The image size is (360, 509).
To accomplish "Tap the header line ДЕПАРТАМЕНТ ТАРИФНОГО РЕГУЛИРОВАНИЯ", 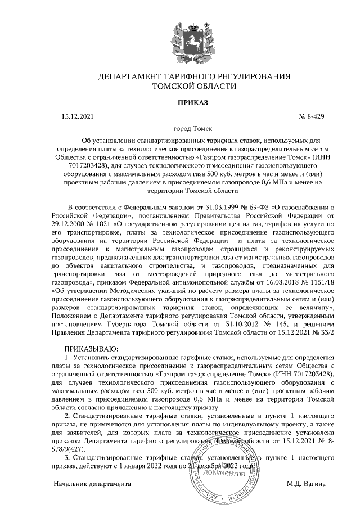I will (x=193, y=76).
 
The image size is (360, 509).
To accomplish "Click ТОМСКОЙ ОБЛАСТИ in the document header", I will (x=193, y=87).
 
